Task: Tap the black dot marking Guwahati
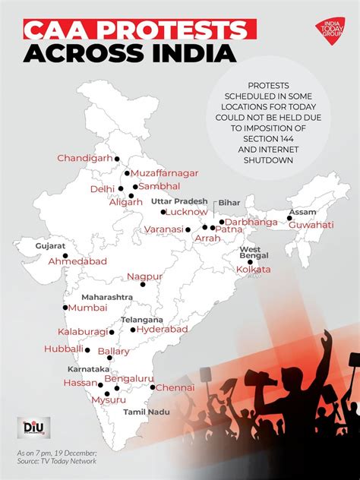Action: (x=289, y=219)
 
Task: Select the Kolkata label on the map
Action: (x=254, y=270)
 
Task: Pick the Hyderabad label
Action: (x=163, y=330)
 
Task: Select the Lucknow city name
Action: (x=186, y=212)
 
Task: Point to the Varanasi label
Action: (x=163, y=229)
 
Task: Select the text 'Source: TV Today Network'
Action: (x=55, y=461)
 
